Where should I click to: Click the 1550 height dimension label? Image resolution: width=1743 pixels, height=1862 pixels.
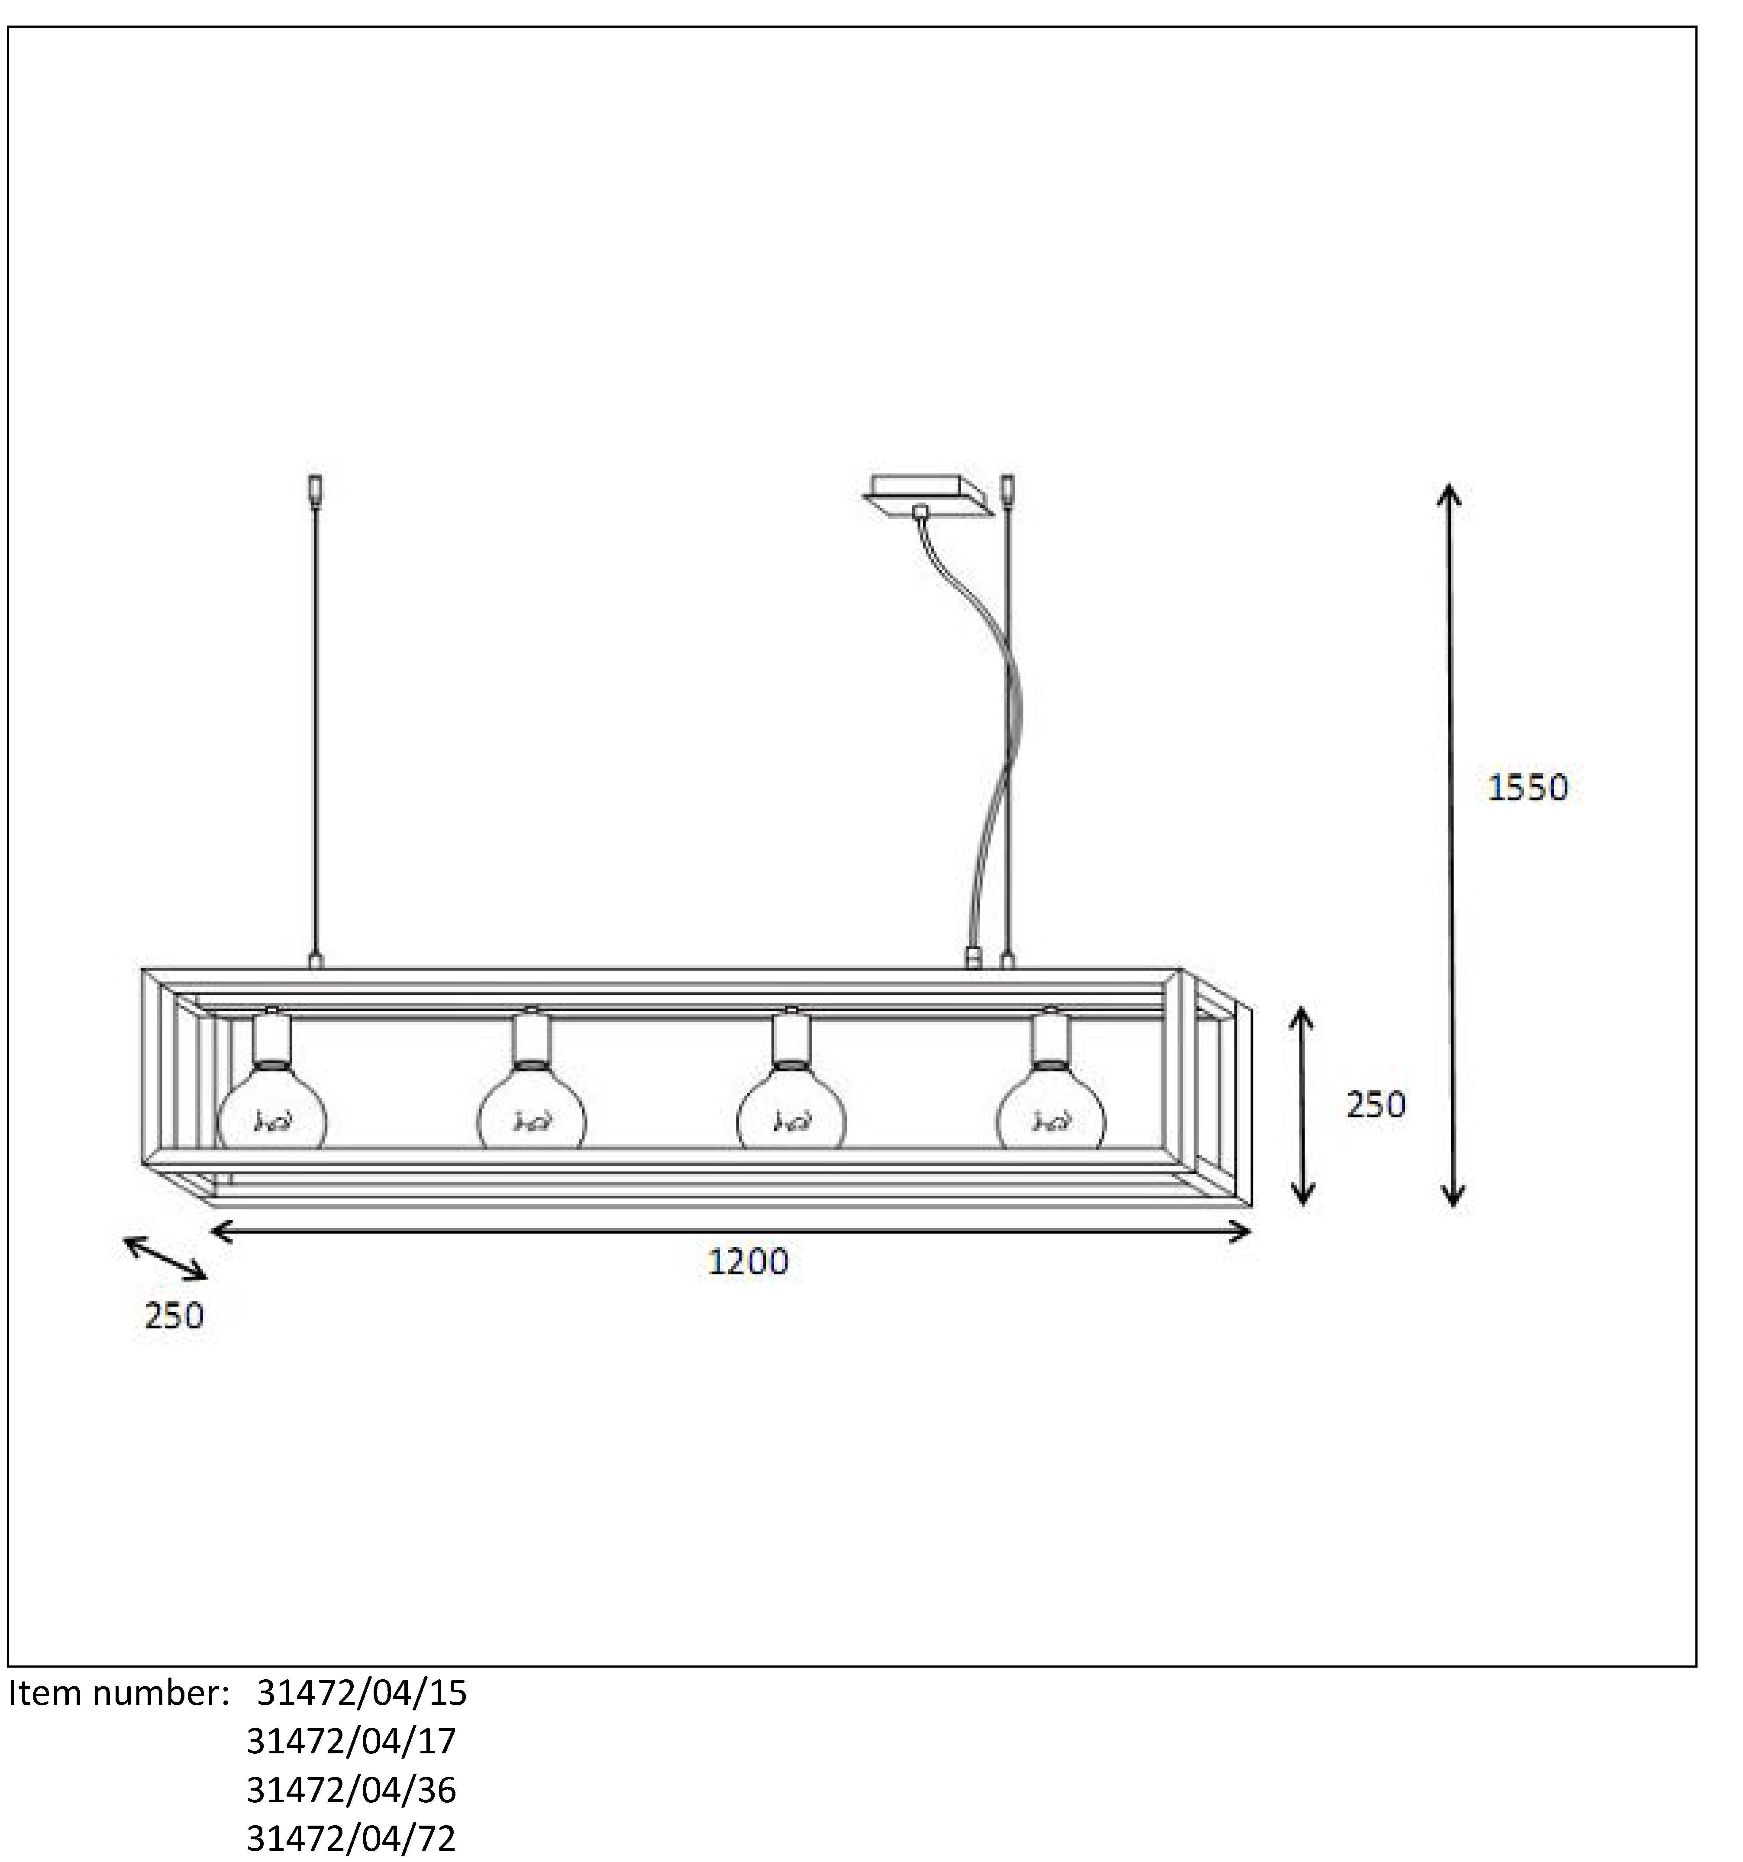(1527, 787)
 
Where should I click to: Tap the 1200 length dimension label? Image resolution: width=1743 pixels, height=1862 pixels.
(747, 1262)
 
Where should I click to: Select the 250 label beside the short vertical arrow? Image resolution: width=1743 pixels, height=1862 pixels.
(1375, 1105)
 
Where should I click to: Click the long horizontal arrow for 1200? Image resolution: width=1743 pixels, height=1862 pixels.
(730, 1232)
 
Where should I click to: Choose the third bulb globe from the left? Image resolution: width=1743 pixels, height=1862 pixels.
(791, 1115)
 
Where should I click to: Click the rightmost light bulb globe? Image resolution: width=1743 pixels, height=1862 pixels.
(1051, 1115)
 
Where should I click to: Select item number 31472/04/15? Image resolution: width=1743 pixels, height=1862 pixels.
(362, 1692)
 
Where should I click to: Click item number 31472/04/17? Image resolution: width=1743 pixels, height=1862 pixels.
(351, 1740)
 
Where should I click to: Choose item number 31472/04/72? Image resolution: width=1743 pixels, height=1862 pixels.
(351, 1838)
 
